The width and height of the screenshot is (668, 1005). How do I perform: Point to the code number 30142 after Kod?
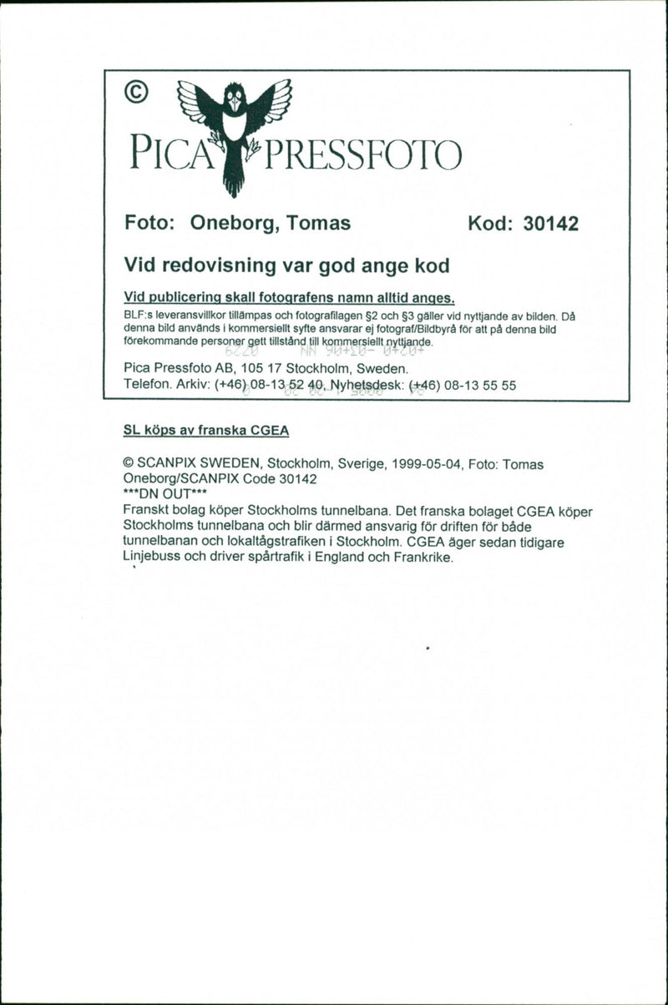[x=550, y=225]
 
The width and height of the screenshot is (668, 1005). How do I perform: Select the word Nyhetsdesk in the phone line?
[x=367, y=385]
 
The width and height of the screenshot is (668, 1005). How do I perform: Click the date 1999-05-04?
[x=426, y=464]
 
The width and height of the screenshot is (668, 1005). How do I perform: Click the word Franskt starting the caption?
[x=144, y=510]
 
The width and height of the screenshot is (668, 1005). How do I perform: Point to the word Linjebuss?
[x=152, y=558]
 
